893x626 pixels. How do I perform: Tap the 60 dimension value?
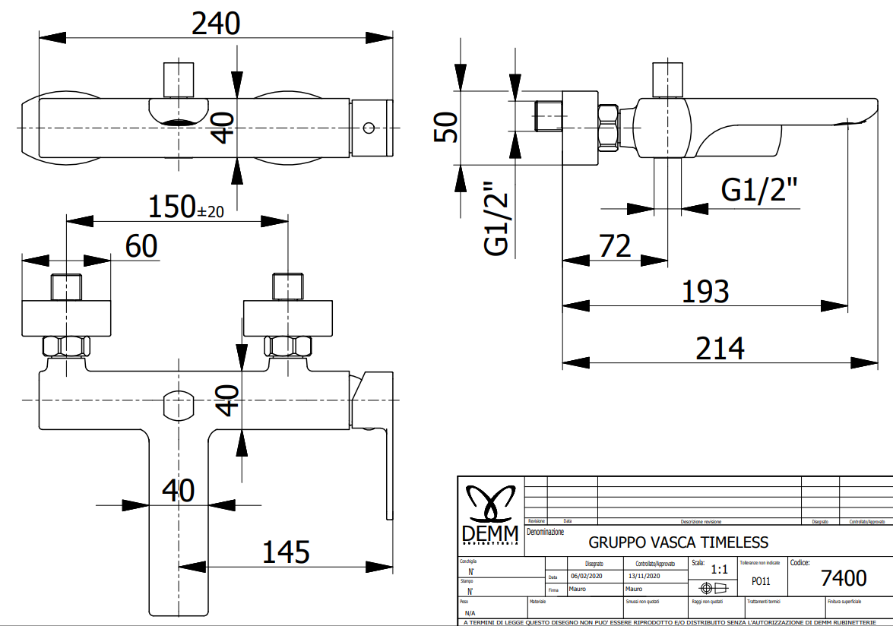141,245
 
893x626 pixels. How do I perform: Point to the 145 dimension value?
286,552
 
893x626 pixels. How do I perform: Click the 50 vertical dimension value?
445,126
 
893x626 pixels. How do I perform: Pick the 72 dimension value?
615,246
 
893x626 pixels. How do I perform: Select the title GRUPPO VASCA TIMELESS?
678,542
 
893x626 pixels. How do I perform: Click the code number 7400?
844,578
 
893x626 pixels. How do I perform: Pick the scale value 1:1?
718,569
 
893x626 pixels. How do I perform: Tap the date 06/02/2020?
586,576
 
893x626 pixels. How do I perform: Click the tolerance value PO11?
761,580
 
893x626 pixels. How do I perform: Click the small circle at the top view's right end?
370,127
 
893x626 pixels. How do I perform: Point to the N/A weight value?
470,612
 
